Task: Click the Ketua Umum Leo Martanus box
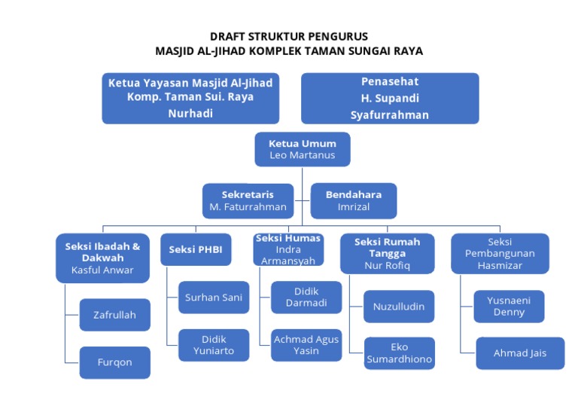(x=302, y=149)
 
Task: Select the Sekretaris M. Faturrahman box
(x=248, y=200)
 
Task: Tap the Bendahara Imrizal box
(x=353, y=200)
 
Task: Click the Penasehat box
(x=390, y=98)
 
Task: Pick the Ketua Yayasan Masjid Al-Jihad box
(x=190, y=98)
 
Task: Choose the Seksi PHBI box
(x=196, y=249)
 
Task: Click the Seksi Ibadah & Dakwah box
(x=102, y=258)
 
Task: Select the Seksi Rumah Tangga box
(x=387, y=253)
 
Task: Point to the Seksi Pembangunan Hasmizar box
(x=500, y=253)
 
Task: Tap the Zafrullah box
(x=114, y=315)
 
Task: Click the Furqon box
(x=114, y=362)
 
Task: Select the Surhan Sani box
(x=214, y=298)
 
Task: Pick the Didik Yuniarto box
(x=214, y=345)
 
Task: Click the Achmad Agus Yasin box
(x=306, y=345)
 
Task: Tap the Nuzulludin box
(x=399, y=307)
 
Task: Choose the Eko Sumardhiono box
(x=399, y=353)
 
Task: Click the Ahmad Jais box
(x=520, y=353)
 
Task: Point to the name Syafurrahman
(x=390, y=115)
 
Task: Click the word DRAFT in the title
(x=229, y=36)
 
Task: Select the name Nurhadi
(x=190, y=113)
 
